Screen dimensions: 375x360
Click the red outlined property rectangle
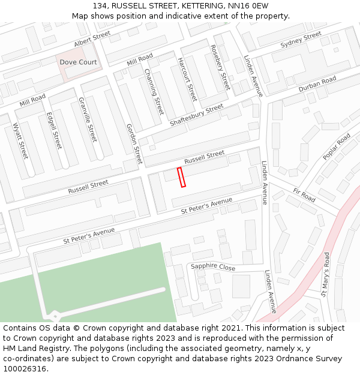coord(181,178)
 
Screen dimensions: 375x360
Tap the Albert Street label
coord(92,40)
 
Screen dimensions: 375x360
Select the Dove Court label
coord(78,62)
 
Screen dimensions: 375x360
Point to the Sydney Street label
coord(301,40)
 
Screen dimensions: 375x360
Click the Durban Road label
coord(317,85)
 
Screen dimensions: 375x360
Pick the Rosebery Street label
coord(220,67)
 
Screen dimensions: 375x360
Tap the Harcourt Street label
coord(187,79)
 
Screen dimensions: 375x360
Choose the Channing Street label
coord(154,91)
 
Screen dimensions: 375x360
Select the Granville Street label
coord(88,119)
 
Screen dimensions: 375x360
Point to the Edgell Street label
coord(54,131)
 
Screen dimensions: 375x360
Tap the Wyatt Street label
coord(20,140)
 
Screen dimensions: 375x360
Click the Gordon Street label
coord(134,144)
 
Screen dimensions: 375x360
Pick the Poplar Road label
coord(337,148)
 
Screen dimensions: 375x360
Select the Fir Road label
coord(304,194)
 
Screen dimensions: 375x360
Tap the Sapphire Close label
coord(213,267)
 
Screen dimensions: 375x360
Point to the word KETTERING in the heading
coord(195,5)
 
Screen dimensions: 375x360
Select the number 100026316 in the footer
coord(24,369)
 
